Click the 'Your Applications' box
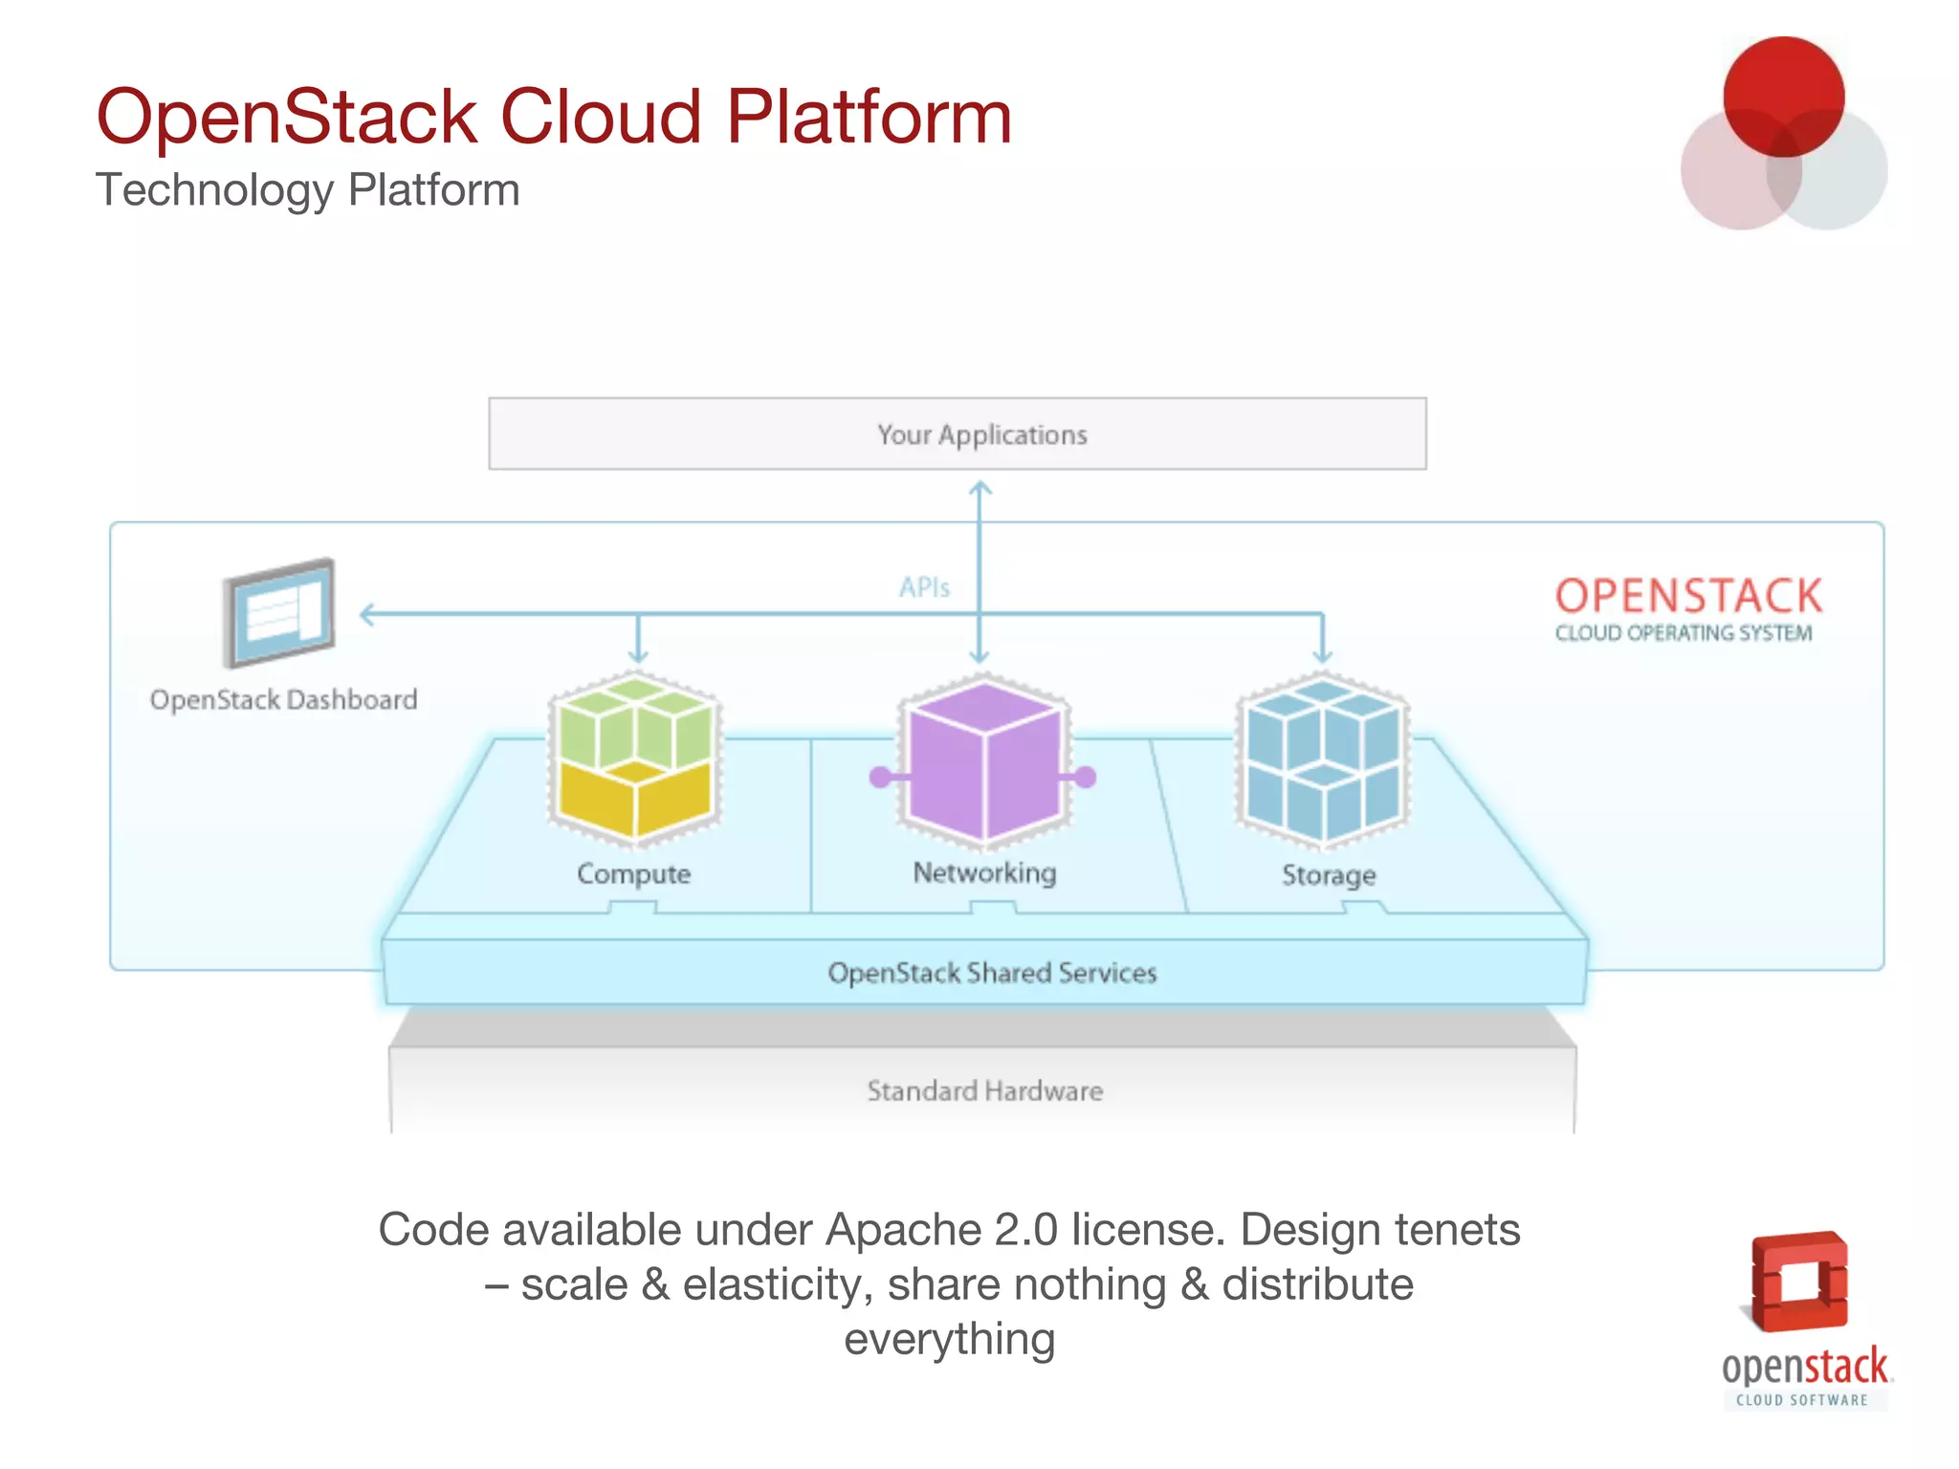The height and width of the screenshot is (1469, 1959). (957, 433)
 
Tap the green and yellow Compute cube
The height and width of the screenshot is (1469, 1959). (634, 758)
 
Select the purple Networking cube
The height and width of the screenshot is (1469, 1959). (983, 760)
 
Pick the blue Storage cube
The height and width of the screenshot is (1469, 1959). (1323, 760)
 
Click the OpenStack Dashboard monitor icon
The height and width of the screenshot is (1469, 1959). (279, 612)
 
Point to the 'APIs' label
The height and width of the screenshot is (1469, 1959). (924, 587)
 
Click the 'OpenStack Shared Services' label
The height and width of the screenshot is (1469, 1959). (992, 973)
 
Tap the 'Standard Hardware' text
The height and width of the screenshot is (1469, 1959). (984, 1090)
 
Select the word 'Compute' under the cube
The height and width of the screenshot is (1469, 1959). (633, 873)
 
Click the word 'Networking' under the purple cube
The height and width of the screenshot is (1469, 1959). (984, 872)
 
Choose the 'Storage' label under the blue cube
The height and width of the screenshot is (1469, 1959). (1328, 874)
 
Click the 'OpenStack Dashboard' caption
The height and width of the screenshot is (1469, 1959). (283, 699)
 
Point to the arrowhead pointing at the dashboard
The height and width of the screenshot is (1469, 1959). (365, 614)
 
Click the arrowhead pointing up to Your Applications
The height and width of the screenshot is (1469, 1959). (979, 489)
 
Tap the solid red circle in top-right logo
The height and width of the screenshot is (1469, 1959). (1783, 96)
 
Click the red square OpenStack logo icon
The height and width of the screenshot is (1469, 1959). (1798, 1282)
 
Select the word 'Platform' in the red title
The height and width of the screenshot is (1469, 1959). (869, 117)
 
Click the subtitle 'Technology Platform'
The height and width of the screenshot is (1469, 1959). (307, 189)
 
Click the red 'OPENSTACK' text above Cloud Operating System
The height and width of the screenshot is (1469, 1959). (1688, 596)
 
